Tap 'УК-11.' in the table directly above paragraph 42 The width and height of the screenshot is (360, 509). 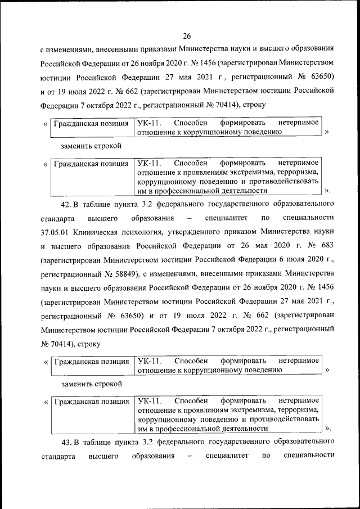[149, 165]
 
